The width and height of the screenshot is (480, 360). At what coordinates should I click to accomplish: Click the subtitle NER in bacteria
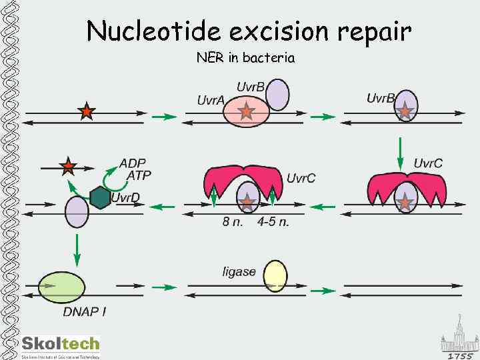[x=245, y=58]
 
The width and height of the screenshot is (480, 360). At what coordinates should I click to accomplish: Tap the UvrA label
[x=211, y=100]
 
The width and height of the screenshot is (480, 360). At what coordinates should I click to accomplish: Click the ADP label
[x=132, y=163]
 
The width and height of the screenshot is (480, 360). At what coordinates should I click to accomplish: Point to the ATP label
[x=139, y=175]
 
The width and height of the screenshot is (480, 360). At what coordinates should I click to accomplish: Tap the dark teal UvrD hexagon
[x=100, y=197]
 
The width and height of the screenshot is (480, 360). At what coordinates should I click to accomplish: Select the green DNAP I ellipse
[x=62, y=287]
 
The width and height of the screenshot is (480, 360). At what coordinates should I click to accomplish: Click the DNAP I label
[x=85, y=311]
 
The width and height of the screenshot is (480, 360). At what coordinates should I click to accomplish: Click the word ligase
[x=239, y=271]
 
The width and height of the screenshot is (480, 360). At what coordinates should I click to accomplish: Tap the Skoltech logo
[x=61, y=346]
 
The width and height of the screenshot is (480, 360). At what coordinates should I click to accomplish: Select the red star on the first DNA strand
[x=86, y=111]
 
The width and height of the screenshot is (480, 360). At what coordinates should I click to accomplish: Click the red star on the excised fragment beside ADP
[x=67, y=165]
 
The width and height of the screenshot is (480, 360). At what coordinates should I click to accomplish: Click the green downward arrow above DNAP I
[x=77, y=250]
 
